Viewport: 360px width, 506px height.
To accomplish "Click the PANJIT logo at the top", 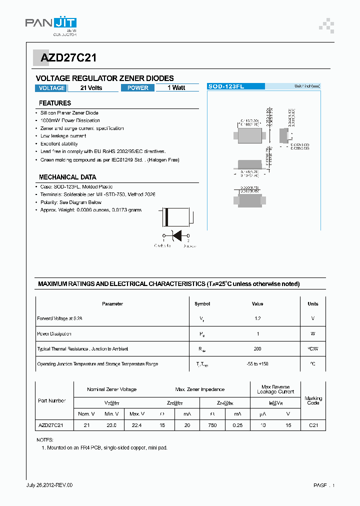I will point(51,23).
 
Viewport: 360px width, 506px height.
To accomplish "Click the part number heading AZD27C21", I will point(65,58).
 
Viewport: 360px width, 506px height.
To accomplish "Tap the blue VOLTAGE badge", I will point(51,88).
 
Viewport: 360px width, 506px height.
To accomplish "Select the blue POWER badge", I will point(137,88).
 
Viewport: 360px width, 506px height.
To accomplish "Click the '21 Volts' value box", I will point(91,88).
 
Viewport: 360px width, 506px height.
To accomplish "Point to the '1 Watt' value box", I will point(176,88).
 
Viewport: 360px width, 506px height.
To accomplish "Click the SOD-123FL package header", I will point(235,86).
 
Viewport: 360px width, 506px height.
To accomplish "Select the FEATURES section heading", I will point(55,103).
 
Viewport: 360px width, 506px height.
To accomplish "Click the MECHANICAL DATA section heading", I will point(67,177).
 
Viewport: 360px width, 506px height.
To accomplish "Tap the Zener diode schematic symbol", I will point(176,234).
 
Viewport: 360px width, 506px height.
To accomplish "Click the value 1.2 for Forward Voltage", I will point(257,318).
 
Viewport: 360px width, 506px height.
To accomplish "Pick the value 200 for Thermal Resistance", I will point(257,349).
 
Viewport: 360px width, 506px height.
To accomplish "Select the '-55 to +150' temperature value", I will point(257,364).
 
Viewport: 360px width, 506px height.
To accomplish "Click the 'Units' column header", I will point(313,303).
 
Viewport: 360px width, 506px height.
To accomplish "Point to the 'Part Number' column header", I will point(52,401).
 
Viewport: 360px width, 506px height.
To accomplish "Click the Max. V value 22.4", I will point(136,425).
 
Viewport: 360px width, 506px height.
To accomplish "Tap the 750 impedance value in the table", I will point(212,425).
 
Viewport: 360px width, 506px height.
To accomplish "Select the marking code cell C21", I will point(313,425).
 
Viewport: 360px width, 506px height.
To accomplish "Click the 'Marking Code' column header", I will point(313,400).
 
